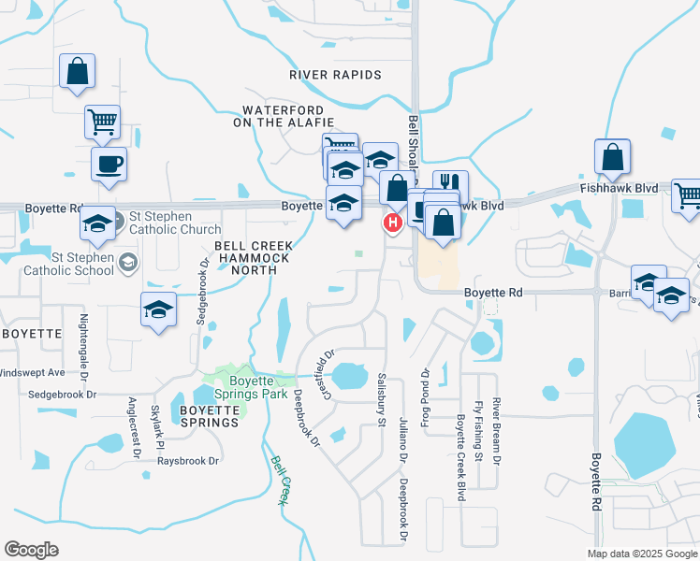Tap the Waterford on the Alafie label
(x=283, y=116)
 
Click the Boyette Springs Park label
(x=241, y=387)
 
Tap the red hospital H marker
(x=393, y=223)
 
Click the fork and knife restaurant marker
(x=449, y=184)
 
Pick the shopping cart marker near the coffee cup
(x=102, y=122)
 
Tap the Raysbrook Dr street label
(x=187, y=461)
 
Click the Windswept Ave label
(x=31, y=372)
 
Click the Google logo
(x=31, y=550)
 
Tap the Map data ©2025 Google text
(x=641, y=554)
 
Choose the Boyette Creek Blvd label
(x=460, y=458)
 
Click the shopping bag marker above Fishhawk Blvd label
(x=612, y=158)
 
